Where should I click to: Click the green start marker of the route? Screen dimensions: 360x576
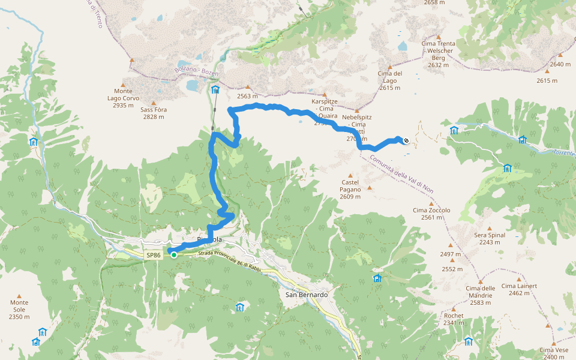tap(174, 255)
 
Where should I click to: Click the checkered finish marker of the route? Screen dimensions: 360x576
tap(406, 141)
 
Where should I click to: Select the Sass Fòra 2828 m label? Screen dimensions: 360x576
tap(154, 113)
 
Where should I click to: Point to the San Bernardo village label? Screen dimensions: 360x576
tap(307, 295)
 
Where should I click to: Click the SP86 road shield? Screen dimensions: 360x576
tap(154, 255)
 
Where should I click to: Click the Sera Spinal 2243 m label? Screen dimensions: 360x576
tap(490, 238)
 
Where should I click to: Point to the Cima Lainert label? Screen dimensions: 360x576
tap(520, 289)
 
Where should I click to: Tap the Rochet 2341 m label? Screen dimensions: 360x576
tap(454, 319)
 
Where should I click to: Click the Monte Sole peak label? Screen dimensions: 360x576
tap(19, 310)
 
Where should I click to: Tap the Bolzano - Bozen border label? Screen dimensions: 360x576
tap(198, 67)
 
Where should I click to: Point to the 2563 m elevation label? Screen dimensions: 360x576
tap(247, 96)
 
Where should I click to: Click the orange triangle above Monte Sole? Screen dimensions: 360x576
tap(19, 296)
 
